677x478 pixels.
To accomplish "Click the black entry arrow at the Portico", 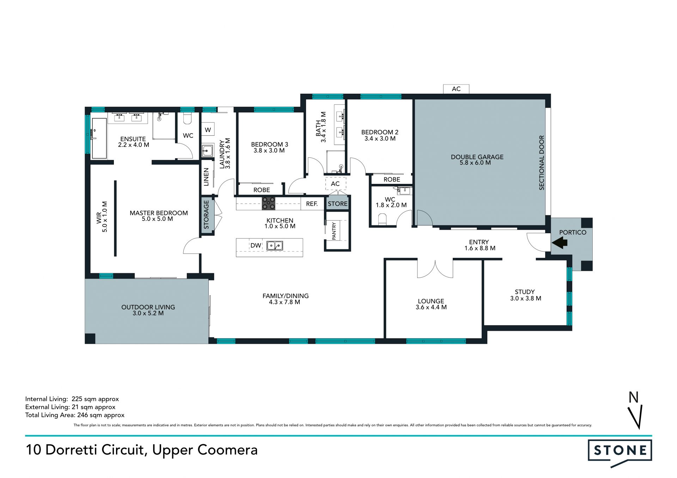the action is (560, 242).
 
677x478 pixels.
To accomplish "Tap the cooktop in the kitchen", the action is (268, 204).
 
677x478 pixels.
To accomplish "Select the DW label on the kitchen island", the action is (256, 246).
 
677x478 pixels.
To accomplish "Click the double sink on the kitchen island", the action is (275, 246).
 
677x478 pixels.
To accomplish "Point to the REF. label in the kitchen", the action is (312, 204).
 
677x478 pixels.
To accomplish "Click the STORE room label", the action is (337, 204).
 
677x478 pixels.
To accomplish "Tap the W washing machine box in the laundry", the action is (208, 130).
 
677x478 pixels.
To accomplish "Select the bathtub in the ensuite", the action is (99, 138).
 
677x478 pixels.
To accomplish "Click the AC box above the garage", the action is (456, 89).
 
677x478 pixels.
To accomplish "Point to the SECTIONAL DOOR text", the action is (542, 163).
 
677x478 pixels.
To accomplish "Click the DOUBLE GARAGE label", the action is (477, 157).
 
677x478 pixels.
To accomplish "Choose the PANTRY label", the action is (334, 231).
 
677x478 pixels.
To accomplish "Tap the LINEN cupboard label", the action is (206, 177).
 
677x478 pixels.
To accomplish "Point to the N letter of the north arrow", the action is (634, 397).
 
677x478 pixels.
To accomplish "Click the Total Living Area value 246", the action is (82, 415).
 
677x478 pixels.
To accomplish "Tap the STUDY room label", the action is (525, 292).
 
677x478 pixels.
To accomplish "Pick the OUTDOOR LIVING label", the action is (148, 307).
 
